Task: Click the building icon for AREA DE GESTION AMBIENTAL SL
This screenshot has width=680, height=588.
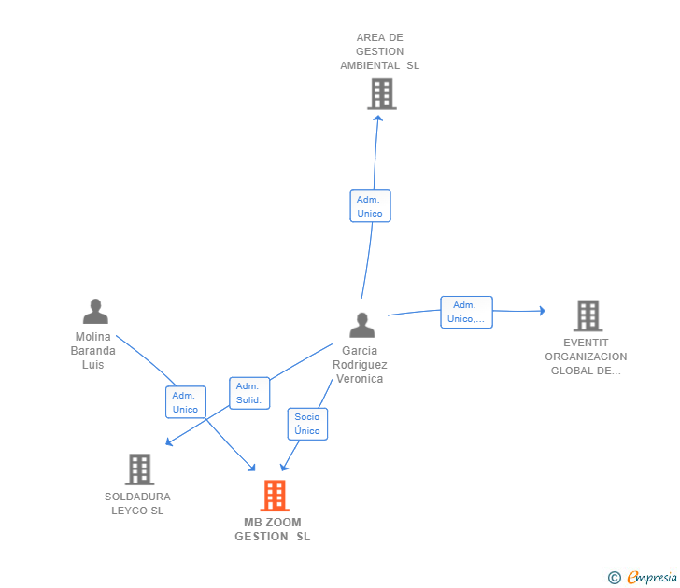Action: (381, 93)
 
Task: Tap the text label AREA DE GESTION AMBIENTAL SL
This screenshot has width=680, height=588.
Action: (379, 52)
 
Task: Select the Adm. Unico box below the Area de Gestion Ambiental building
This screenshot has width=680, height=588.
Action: (370, 206)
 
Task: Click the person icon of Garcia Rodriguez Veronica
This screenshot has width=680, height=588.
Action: (361, 325)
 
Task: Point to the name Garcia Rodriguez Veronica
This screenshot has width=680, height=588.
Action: (360, 365)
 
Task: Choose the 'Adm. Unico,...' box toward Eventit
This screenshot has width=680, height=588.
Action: (466, 312)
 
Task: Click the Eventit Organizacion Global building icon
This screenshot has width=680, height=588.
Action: (588, 315)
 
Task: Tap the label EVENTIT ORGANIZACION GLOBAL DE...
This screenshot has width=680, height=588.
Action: (586, 357)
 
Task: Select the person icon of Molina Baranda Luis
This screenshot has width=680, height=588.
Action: (95, 311)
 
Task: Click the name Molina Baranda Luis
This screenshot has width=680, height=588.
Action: (93, 351)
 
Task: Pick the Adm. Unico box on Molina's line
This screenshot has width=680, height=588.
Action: (185, 402)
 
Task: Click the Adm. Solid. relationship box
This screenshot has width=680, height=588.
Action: (248, 393)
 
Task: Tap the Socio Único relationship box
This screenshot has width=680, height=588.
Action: (307, 424)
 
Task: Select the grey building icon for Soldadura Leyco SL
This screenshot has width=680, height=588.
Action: (139, 469)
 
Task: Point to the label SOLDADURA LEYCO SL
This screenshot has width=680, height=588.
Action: (137, 503)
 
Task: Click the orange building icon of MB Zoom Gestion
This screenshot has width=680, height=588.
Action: (274, 496)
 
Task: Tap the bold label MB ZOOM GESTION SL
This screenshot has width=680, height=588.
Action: (272, 529)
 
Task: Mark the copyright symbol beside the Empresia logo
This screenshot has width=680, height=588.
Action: (614, 578)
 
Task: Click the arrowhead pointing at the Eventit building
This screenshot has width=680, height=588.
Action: (542, 311)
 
